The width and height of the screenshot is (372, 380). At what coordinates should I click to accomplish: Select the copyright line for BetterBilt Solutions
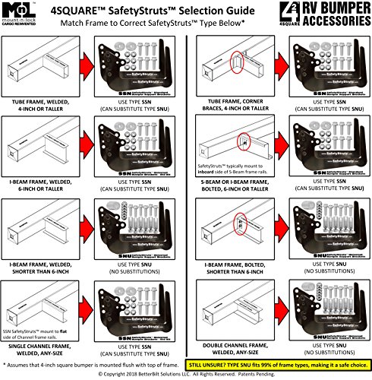(186, 374)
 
